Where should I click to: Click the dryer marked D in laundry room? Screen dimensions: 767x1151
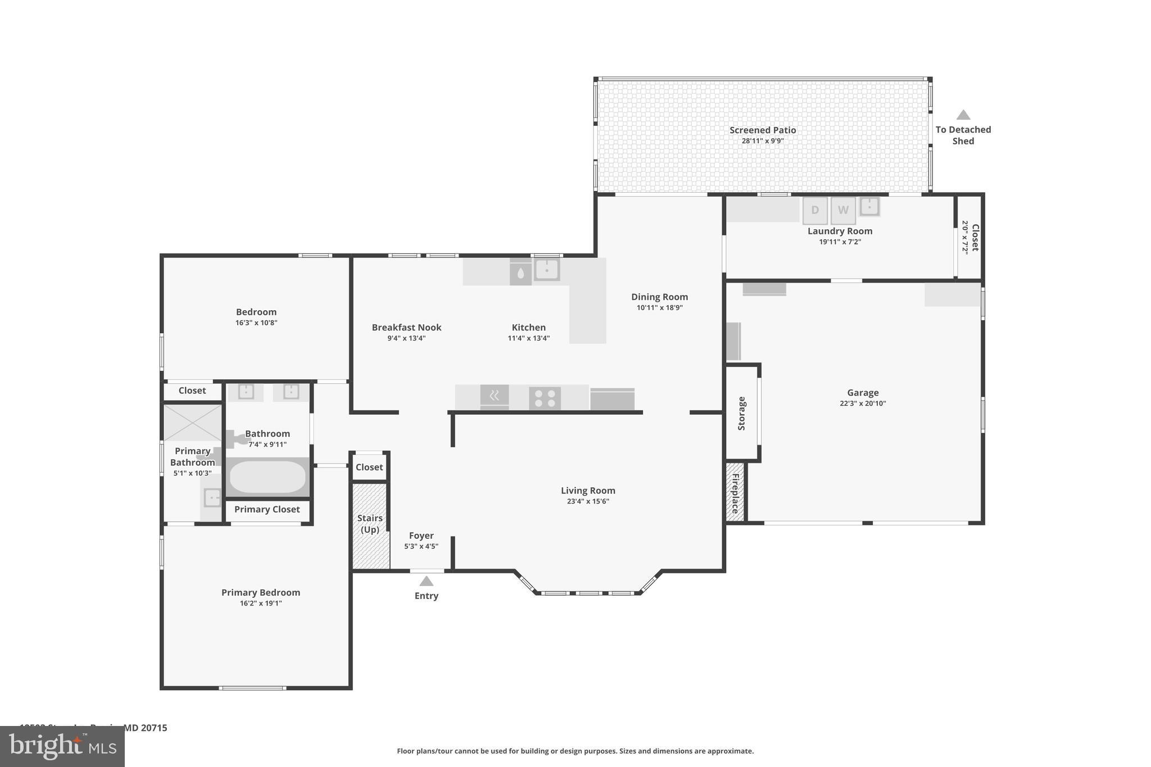(x=814, y=211)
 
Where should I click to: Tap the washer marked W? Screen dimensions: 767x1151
(x=843, y=211)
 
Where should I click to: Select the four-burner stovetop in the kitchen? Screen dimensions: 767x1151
(x=545, y=398)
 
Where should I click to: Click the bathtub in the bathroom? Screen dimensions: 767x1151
(x=268, y=477)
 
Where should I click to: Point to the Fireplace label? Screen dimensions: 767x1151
(x=735, y=493)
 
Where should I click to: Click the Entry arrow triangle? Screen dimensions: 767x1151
(x=427, y=581)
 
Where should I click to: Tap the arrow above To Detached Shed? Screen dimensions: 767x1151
(x=963, y=115)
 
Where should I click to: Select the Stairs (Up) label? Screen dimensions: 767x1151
(x=370, y=524)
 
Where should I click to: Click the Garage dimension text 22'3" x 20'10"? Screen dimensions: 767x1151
(x=863, y=403)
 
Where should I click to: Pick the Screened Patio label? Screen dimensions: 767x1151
(x=763, y=130)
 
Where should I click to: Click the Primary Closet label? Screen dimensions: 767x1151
(x=267, y=509)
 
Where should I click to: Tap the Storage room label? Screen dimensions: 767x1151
(x=741, y=414)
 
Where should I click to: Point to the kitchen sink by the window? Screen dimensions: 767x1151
(x=546, y=270)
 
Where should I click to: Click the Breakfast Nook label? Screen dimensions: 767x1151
(x=406, y=327)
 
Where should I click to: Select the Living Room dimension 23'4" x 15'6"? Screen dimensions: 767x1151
(x=588, y=501)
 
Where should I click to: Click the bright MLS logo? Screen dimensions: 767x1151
(x=62, y=747)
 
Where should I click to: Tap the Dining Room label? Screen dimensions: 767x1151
(x=659, y=297)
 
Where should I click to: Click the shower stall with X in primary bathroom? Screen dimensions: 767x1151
(x=192, y=423)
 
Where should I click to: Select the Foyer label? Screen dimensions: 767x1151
(x=421, y=535)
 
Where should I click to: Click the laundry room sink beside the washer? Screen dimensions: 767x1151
(x=869, y=206)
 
